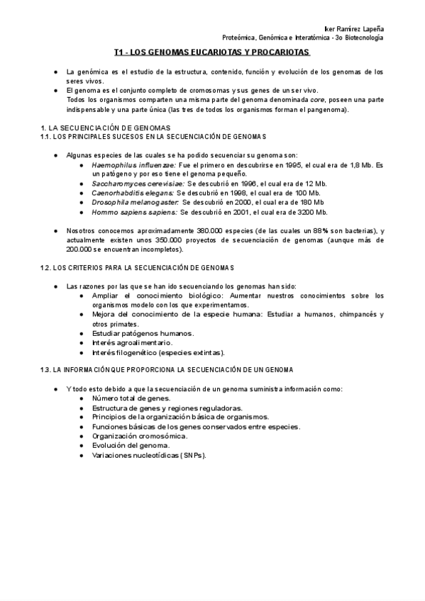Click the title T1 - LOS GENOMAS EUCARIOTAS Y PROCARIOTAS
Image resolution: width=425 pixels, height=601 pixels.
pyautogui.click(x=212, y=52)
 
